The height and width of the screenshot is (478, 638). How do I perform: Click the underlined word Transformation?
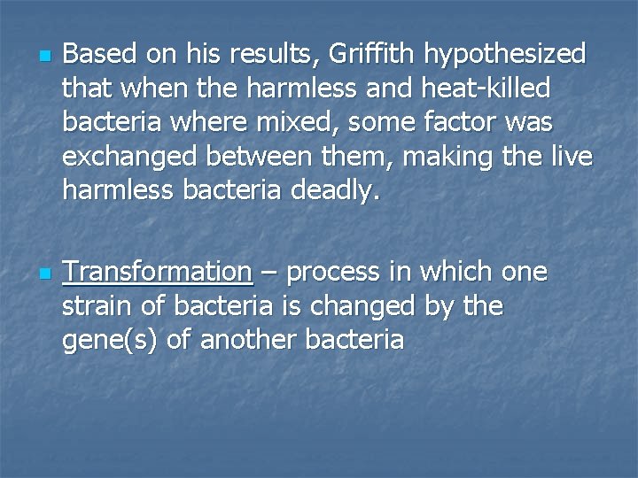point(158,272)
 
